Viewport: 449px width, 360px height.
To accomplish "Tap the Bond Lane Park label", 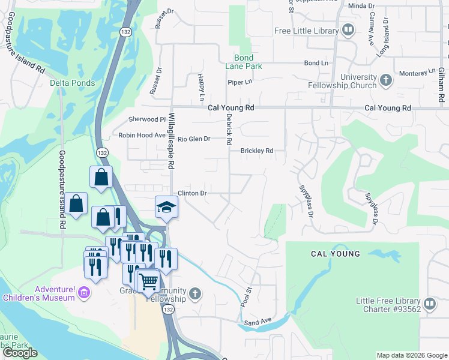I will pos(248,62).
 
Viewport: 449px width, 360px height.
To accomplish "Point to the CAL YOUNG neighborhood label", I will pos(336,254).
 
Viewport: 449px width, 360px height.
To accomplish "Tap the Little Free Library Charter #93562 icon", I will pos(430,304).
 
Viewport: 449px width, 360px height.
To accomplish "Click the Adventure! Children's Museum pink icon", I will pos(84,292).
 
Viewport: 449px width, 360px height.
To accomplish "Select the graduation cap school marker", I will pos(166,207).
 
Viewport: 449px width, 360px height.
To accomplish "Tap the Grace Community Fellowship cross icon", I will pos(193,293).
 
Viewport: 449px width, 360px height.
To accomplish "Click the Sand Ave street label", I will pos(258,322).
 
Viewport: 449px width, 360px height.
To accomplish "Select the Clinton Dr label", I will pos(192,193).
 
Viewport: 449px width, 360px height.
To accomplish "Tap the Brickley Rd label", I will pos(257,151).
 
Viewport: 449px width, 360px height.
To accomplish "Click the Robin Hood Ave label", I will pos(142,136).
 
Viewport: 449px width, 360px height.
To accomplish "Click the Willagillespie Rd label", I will pos(171,140).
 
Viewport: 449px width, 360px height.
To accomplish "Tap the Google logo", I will pos(20,353).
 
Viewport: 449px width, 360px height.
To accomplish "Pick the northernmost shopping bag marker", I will pos(101,177).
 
